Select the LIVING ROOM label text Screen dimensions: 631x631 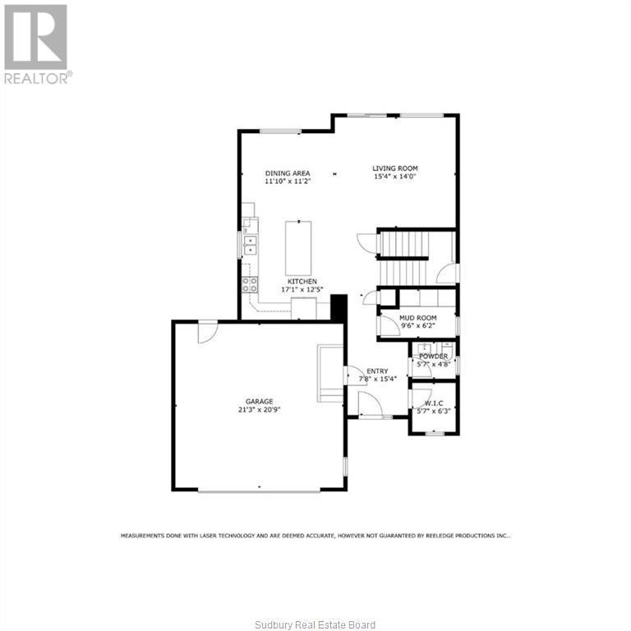(395, 168)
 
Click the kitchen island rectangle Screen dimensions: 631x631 (298, 247)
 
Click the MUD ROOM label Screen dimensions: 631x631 (417, 317)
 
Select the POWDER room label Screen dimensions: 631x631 (433, 356)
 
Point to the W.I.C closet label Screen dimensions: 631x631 (433, 403)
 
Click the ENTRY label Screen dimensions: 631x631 (377, 371)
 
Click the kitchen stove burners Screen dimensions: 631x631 (249, 285)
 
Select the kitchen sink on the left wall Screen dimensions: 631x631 (249, 244)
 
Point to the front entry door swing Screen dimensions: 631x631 (368, 403)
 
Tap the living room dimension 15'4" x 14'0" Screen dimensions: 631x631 (395, 176)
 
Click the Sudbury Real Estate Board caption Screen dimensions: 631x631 (315, 625)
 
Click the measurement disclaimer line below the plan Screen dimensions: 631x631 (315, 535)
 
